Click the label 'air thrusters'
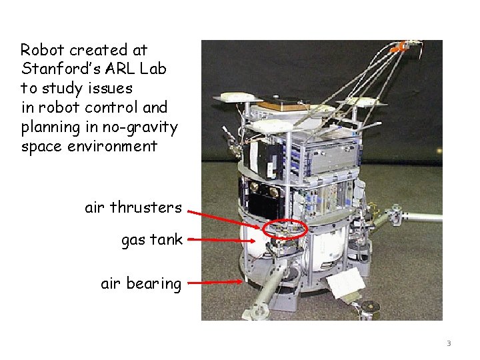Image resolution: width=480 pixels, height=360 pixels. pyautogui.click(x=133, y=207)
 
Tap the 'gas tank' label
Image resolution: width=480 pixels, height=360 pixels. pyautogui.click(x=151, y=240)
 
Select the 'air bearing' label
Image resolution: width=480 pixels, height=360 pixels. pyautogui.click(x=141, y=284)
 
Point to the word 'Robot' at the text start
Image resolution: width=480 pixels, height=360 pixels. pyautogui.click(x=42, y=50)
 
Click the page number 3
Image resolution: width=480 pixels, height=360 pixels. pyautogui.click(x=449, y=344)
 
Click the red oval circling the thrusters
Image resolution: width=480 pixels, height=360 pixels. pyautogui.click(x=285, y=229)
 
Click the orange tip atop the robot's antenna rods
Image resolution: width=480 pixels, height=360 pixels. pyautogui.click(x=399, y=47)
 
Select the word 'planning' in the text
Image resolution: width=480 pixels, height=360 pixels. pyautogui.click(x=47, y=127)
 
